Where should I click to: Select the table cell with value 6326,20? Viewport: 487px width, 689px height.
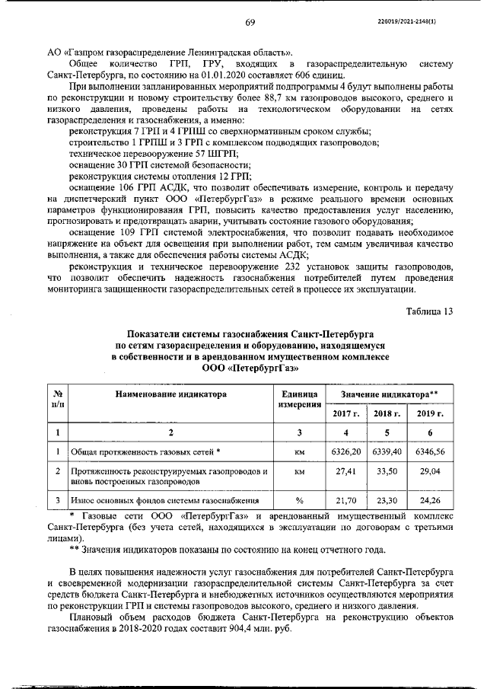(x=345, y=451)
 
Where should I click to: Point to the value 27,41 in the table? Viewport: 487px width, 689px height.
(x=345, y=472)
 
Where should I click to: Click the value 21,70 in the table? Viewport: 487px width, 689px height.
(x=345, y=500)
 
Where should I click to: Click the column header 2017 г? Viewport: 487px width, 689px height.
(x=345, y=413)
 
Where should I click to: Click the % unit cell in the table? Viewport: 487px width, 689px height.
(x=299, y=500)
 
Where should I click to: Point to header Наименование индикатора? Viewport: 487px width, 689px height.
(x=171, y=394)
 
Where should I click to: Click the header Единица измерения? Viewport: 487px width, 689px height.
(x=299, y=399)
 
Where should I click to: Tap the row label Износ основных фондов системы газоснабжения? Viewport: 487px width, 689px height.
(x=164, y=500)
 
